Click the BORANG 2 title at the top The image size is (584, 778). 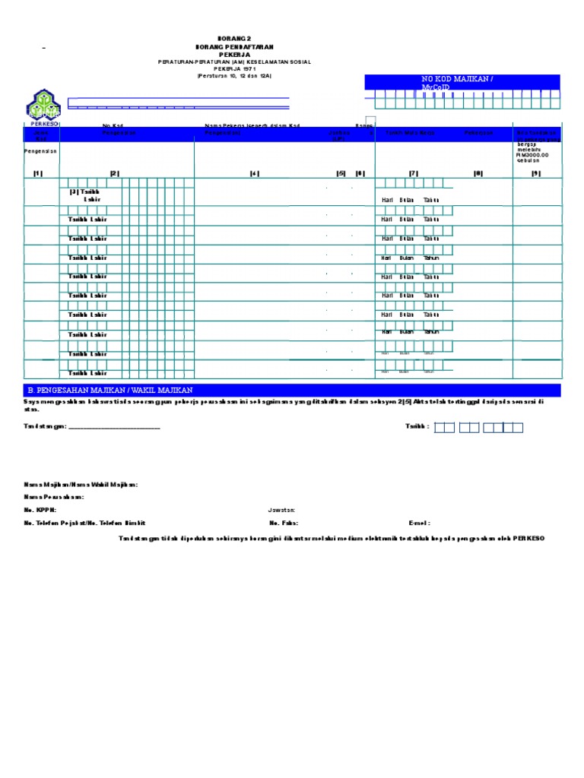(x=234, y=38)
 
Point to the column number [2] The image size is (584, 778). (x=115, y=174)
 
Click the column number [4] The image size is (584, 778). (x=254, y=174)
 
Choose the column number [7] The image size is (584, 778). (x=414, y=174)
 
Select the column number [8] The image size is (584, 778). (x=478, y=174)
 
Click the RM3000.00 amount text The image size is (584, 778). (x=532, y=156)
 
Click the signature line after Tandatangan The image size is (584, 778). (x=114, y=428)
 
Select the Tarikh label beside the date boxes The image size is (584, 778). (x=417, y=427)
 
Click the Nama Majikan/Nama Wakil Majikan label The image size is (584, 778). (x=81, y=485)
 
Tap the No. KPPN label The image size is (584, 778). (x=40, y=511)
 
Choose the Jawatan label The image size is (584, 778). (x=281, y=511)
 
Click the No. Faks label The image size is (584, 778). (x=283, y=523)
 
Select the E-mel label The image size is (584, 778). (x=420, y=523)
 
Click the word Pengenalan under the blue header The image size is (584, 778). (x=41, y=151)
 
